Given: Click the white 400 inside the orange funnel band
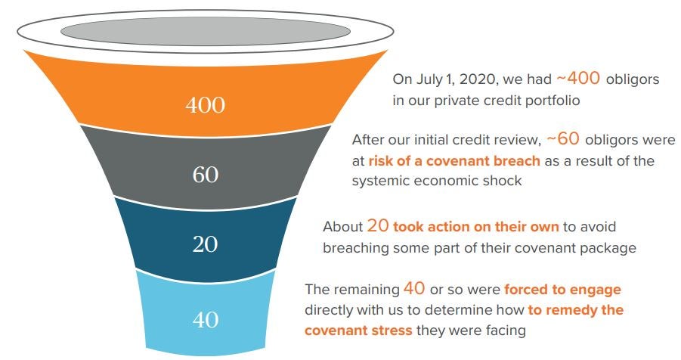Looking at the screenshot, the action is pos(205,105).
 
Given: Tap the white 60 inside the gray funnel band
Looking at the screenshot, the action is pos(205,175).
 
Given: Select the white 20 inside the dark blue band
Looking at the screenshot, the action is pos(205,244).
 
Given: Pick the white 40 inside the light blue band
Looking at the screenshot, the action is pos(205,320).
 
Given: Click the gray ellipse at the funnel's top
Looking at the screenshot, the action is pos(206,32).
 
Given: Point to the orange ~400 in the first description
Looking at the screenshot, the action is pos(578,78).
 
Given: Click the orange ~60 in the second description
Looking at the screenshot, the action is pos(563,138).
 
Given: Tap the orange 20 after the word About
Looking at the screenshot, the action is pos(377,225).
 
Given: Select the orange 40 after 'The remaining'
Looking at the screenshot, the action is pos(414,288).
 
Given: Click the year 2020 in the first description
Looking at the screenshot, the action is pos(478,79).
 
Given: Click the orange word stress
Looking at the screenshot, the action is pos(392,331).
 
